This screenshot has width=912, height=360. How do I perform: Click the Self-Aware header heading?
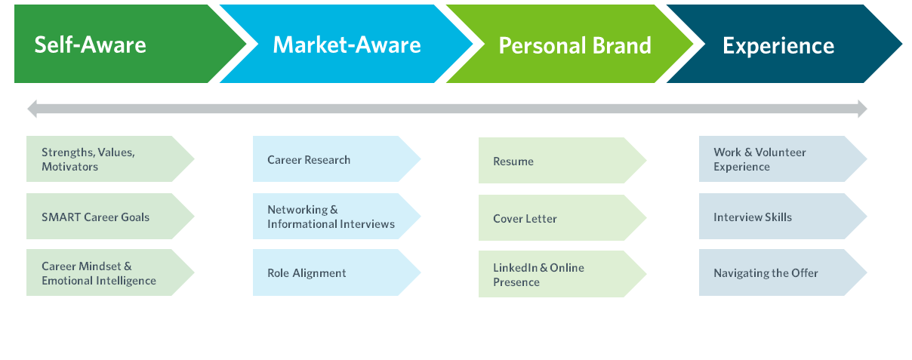[x=90, y=45]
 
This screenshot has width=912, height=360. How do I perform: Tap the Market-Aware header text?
[x=347, y=45]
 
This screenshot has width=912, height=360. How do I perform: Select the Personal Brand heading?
[x=575, y=45]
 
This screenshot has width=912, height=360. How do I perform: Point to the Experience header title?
[x=778, y=46]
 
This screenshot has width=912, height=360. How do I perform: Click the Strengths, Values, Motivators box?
[x=110, y=159]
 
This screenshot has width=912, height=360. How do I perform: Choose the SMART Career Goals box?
[x=110, y=217]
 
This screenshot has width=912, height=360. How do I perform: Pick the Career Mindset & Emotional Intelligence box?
[x=110, y=272]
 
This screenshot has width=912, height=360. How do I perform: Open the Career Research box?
[x=337, y=159]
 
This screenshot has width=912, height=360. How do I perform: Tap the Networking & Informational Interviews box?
[x=337, y=217]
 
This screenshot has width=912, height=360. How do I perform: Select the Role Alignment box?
[x=337, y=272]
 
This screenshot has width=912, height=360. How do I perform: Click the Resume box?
[x=562, y=160]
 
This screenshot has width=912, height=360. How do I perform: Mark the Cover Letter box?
[x=562, y=217]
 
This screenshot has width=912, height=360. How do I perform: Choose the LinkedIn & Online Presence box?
[x=562, y=274]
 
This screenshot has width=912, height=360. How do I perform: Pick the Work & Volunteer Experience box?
[x=783, y=159]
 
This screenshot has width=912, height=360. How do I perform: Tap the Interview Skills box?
[x=783, y=217]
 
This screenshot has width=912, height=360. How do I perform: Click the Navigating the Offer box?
[x=783, y=272]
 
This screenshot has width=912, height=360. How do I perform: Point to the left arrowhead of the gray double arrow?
[x=29, y=109]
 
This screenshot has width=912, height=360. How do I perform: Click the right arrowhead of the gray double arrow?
[x=866, y=109]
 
